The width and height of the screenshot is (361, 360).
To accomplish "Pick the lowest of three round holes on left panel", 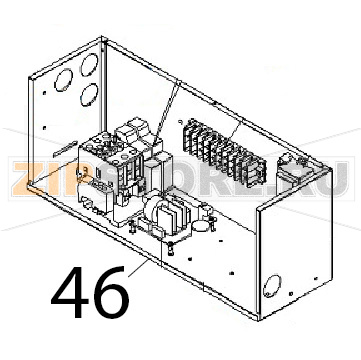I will (87, 98).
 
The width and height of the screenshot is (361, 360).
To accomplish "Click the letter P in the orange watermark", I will (80, 180).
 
